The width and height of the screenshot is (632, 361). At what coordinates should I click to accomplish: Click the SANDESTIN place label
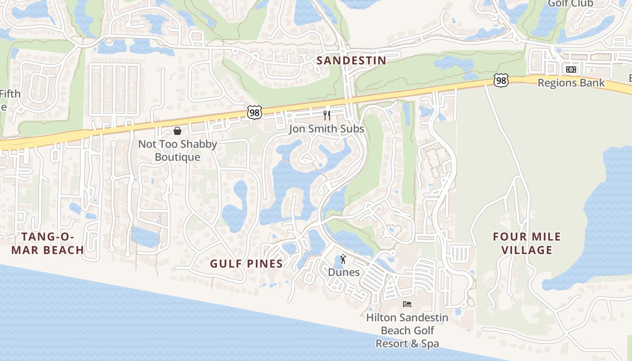click(x=351, y=60)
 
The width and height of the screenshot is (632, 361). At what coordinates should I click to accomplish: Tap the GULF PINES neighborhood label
click(x=246, y=264)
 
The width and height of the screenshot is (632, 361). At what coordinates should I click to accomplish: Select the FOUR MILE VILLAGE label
click(x=527, y=243)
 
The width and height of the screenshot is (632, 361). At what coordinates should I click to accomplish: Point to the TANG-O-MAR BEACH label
click(x=47, y=243)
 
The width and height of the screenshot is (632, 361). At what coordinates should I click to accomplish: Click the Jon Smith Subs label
click(x=326, y=129)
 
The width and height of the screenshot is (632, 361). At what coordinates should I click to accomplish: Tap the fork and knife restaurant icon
click(x=327, y=116)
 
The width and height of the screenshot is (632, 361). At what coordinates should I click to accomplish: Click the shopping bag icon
click(x=177, y=131)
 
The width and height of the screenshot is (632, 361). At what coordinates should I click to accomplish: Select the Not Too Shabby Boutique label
click(x=177, y=151)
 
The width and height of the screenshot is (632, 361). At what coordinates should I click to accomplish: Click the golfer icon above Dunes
click(x=343, y=259)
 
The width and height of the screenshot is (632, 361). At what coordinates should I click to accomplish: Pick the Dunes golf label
click(x=344, y=272)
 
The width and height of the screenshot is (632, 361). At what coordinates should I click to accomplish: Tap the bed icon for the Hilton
click(x=407, y=304)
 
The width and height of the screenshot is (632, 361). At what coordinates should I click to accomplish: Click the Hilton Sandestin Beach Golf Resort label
click(x=407, y=331)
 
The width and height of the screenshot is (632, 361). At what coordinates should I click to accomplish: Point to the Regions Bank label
click(x=571, y=83)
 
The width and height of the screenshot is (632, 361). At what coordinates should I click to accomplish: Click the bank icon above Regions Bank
click(x=571, y=69)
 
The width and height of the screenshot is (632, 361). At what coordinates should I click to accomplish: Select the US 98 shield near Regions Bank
click(x=501, y=80)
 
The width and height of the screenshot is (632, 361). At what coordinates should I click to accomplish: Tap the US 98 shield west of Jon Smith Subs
click(x=255, y=112)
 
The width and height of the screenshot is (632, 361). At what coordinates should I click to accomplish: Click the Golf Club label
click(x=571, y=4)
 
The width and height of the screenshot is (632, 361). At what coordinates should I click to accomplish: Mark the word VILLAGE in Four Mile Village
click(x=527, y=250)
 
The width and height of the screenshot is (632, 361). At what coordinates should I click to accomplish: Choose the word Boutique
click(x=177, y=157)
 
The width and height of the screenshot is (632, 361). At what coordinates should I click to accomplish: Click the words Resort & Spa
click(x=407, y=344)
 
